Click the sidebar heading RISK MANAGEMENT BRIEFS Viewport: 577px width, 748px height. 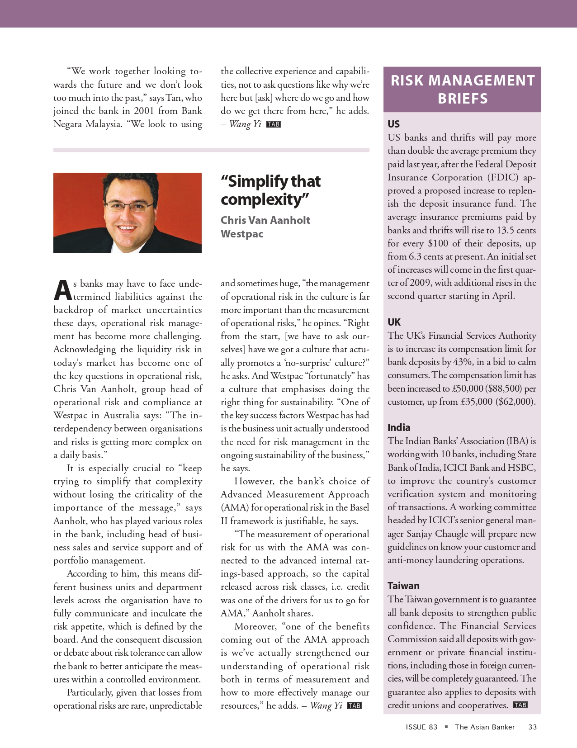click(x=462, y=89)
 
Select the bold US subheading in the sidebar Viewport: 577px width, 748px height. click(x=393, y=124)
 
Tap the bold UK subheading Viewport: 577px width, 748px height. click(x=394, y=322)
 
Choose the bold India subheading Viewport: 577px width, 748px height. click(x=399, y=427)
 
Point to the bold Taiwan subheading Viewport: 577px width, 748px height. click(x=403, y=586)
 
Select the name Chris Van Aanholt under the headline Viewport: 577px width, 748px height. click(x=265, y=220)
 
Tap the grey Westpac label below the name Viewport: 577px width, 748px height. click(x=241, y=234)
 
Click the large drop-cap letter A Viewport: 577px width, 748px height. click(x=62, y=290)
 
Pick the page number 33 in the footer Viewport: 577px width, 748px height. click(x=532, y=727)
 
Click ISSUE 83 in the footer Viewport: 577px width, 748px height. click(x=421, y=727)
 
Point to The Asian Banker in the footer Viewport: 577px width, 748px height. click(x=485, y=727)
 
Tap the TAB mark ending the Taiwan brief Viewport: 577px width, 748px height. click(x=520, y=705)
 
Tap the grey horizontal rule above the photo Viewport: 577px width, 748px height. click(x=211, y=150)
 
